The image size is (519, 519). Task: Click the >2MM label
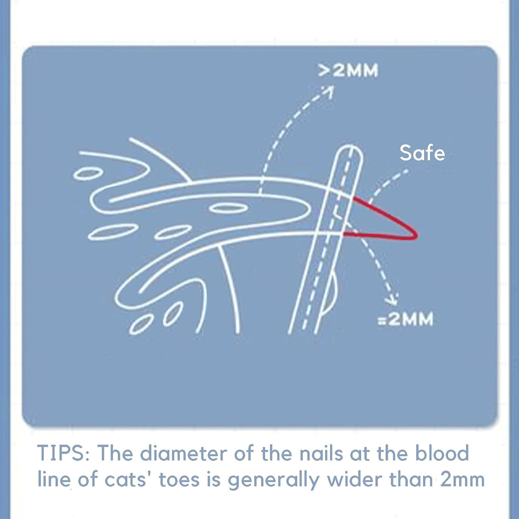coord(348,71)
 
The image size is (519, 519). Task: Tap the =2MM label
coord(405,319)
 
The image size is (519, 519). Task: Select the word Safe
coord(422,153)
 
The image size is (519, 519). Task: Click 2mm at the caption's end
coord(462,480)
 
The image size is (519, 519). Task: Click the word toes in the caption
coord(179,480)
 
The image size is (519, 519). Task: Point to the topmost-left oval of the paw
coord(88,174)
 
